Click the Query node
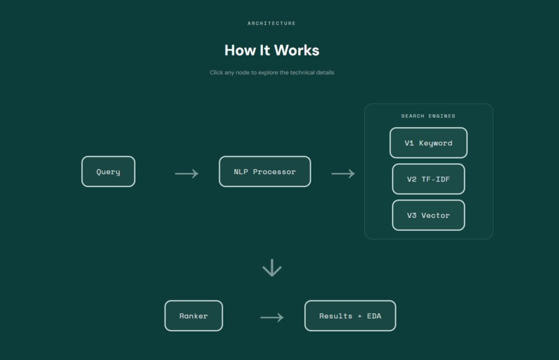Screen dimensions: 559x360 (x=108, y=171)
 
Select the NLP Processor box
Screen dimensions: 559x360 (x=265, y=171)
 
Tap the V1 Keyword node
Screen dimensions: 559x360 (x=429, y=143)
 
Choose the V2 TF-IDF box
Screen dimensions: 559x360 (x=429, y=179)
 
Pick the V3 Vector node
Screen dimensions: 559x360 (x=429, y=215)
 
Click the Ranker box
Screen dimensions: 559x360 (x=193, y=316)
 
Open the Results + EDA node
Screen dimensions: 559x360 (x=350, y=316)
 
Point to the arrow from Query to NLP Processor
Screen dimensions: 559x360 (x=187, y=173)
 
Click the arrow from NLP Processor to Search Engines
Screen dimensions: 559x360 (x=343, y=173)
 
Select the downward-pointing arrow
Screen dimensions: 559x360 (x=272, y=268)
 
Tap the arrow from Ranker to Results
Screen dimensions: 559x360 (x=272, y=317)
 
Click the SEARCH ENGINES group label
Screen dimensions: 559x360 (x=428, y=116)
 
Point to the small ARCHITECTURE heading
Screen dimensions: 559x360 (x=272, y=23)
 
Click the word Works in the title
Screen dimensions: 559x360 (x=297, y=50)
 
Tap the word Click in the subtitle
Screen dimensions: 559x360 (x=216, y=72)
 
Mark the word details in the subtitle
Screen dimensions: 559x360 (x=325, y=72)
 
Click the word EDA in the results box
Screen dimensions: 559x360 (x=374, y=316)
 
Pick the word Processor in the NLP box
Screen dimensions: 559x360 (x=274, y=171)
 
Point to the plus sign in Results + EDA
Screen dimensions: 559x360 (x=360, y=316)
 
